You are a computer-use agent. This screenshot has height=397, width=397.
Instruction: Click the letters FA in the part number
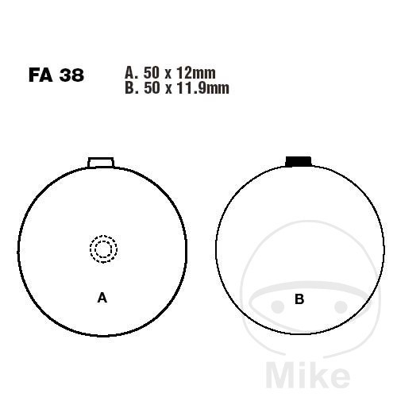40,75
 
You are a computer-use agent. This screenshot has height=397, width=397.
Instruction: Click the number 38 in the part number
71,75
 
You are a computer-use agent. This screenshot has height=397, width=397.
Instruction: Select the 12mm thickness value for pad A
196,73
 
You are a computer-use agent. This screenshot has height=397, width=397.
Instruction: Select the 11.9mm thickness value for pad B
202,87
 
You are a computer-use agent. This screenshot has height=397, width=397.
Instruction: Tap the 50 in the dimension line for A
152,73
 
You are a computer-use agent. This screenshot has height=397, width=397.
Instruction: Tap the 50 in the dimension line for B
152,87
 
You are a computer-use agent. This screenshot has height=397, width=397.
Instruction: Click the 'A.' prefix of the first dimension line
131,73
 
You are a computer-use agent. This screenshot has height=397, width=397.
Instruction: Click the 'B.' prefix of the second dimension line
132,87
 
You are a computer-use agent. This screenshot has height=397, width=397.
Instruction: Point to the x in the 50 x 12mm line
168,75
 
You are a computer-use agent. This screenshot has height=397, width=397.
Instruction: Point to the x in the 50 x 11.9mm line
168,89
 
